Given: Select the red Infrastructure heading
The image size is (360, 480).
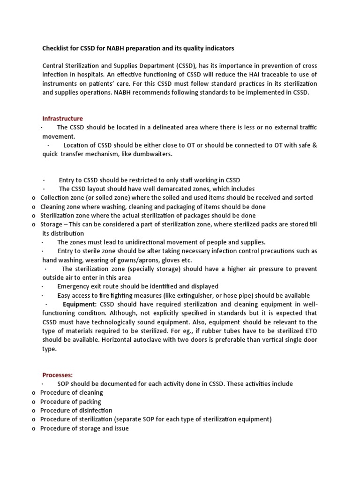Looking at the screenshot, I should click(x=63, y=119).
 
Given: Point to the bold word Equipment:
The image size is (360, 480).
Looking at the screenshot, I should click(x=80, y=304).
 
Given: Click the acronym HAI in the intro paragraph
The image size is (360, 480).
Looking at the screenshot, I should click(x=248, y=75).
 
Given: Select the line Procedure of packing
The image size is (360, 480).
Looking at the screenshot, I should click(x=70, y=402).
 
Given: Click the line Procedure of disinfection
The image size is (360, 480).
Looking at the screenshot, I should click(x=76, y=411).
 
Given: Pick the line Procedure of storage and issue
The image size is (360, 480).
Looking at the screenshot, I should click(x=84, y=428).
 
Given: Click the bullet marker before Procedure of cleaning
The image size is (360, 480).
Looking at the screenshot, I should click(x=34, y=393).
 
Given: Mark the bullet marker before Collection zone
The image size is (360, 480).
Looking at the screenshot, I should click(x=34, y=198).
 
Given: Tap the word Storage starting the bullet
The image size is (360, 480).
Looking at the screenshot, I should click(x=51, y=225).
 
